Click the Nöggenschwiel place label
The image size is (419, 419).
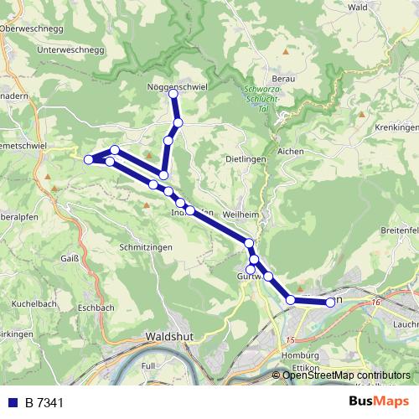coord(176,85)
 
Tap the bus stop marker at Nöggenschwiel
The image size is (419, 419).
coord(174,94)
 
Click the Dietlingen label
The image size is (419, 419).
coord(246,158)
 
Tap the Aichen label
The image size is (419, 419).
coord(290,151)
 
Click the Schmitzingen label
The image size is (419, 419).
coord(146,247)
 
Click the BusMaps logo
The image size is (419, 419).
coord(379,401)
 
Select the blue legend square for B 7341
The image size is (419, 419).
coord(13,402)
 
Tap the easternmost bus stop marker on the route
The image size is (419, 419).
coord(330,302)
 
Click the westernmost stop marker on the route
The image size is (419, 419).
coord(89,159)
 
